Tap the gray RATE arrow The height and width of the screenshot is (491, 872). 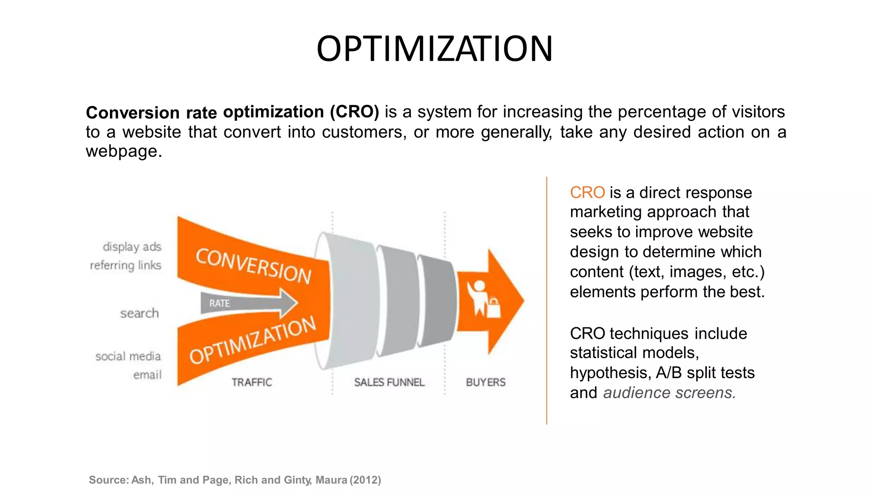pos(247,303)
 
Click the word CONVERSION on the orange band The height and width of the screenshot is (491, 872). pos(254,265)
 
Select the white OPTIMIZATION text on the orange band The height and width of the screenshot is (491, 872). pos(253,341)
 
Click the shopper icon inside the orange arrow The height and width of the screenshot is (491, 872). pos(484,299)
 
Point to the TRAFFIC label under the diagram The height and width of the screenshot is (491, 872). pos(252,382)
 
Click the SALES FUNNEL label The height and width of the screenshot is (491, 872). pos(389,382)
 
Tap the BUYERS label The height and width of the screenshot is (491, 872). pos(486,382)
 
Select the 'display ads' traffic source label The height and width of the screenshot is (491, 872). pos(132,247)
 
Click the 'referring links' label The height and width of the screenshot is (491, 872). pos(126,266)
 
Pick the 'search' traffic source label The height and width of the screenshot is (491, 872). pos(139,314)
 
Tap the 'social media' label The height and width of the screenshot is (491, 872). pos(128,356)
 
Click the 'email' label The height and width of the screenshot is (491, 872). pos(147,375)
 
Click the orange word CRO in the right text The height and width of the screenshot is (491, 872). pos(587,193)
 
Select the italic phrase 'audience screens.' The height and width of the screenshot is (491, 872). pos(669,393)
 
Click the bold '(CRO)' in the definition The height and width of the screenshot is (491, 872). pos(354,112)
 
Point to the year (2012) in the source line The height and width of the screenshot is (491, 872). pos(365,480)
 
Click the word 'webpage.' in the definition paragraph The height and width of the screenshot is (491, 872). pos(124,151)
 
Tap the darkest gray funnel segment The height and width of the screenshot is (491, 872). pos(437,301)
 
